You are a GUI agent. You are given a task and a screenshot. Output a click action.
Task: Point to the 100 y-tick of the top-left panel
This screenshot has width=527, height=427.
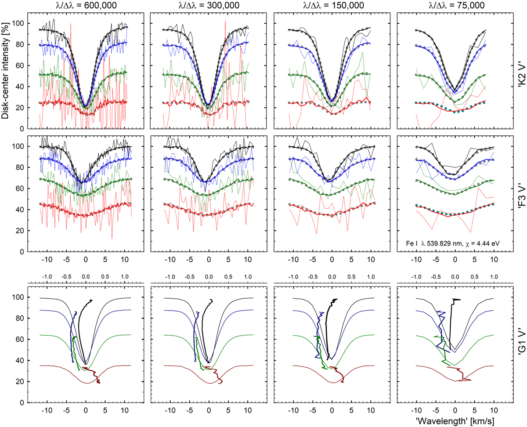coord(18,23)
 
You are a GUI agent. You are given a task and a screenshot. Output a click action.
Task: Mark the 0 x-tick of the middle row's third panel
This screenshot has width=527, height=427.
coord(332,260)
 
